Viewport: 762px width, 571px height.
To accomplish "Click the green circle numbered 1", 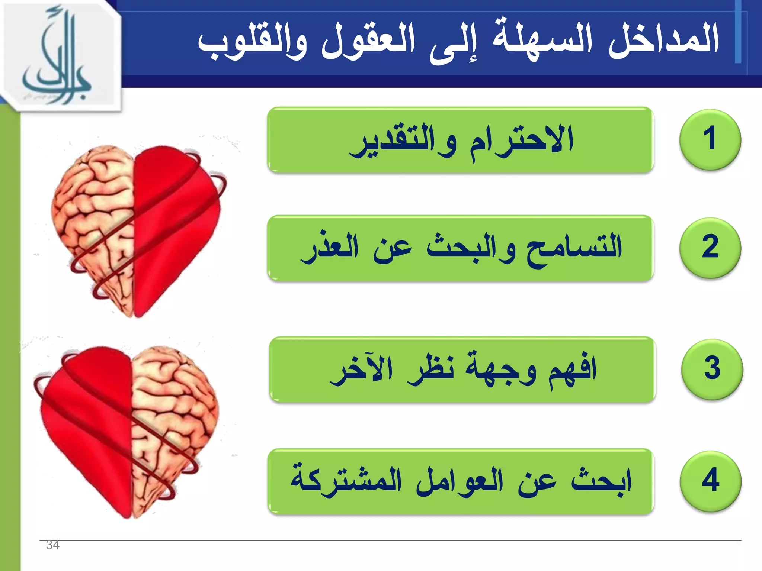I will pyautogui.click(x=710, y=139).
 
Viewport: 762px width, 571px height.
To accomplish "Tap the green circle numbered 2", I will pyautogui.click(x=710, y=248).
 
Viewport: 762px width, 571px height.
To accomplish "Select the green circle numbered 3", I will pyautogui.click(x=712, y=369).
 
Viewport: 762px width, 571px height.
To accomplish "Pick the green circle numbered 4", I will pyautogui.click(x=710, y=481).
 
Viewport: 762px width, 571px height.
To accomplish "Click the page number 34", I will pyautogui.click(x=52, y=545).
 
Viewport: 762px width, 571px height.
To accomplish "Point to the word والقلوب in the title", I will pyautogui.click(x=253, y=43).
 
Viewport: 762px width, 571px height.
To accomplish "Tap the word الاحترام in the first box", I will pyautogui.click(x=521, y=141).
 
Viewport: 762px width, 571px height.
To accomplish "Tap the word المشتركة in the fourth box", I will pyautogui.click(x=346, y=481).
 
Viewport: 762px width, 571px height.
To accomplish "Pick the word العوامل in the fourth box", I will pyautogui.click(x=460, y=481).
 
